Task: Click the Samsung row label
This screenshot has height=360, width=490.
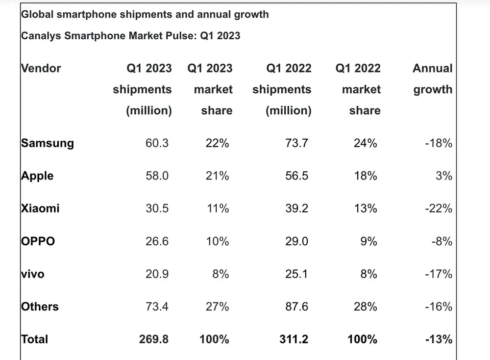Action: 48,143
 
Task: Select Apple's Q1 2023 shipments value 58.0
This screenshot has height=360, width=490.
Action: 157,176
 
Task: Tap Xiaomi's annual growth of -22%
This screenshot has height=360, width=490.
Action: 438,208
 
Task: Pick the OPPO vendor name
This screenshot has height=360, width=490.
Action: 38,241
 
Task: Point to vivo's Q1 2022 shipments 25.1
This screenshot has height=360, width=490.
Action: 296,274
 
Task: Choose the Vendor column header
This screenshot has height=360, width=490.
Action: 41,68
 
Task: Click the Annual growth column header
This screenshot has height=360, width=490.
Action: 433,78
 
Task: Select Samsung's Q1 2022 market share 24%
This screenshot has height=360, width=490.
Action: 365,143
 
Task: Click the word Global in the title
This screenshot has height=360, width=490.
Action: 38,14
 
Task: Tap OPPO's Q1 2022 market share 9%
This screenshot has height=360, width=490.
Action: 368,241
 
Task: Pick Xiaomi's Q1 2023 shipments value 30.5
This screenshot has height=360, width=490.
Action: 157,208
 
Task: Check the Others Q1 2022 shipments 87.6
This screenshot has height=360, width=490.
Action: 296,307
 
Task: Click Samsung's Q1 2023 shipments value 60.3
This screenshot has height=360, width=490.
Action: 157,143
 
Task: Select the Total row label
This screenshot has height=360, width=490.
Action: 35,339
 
